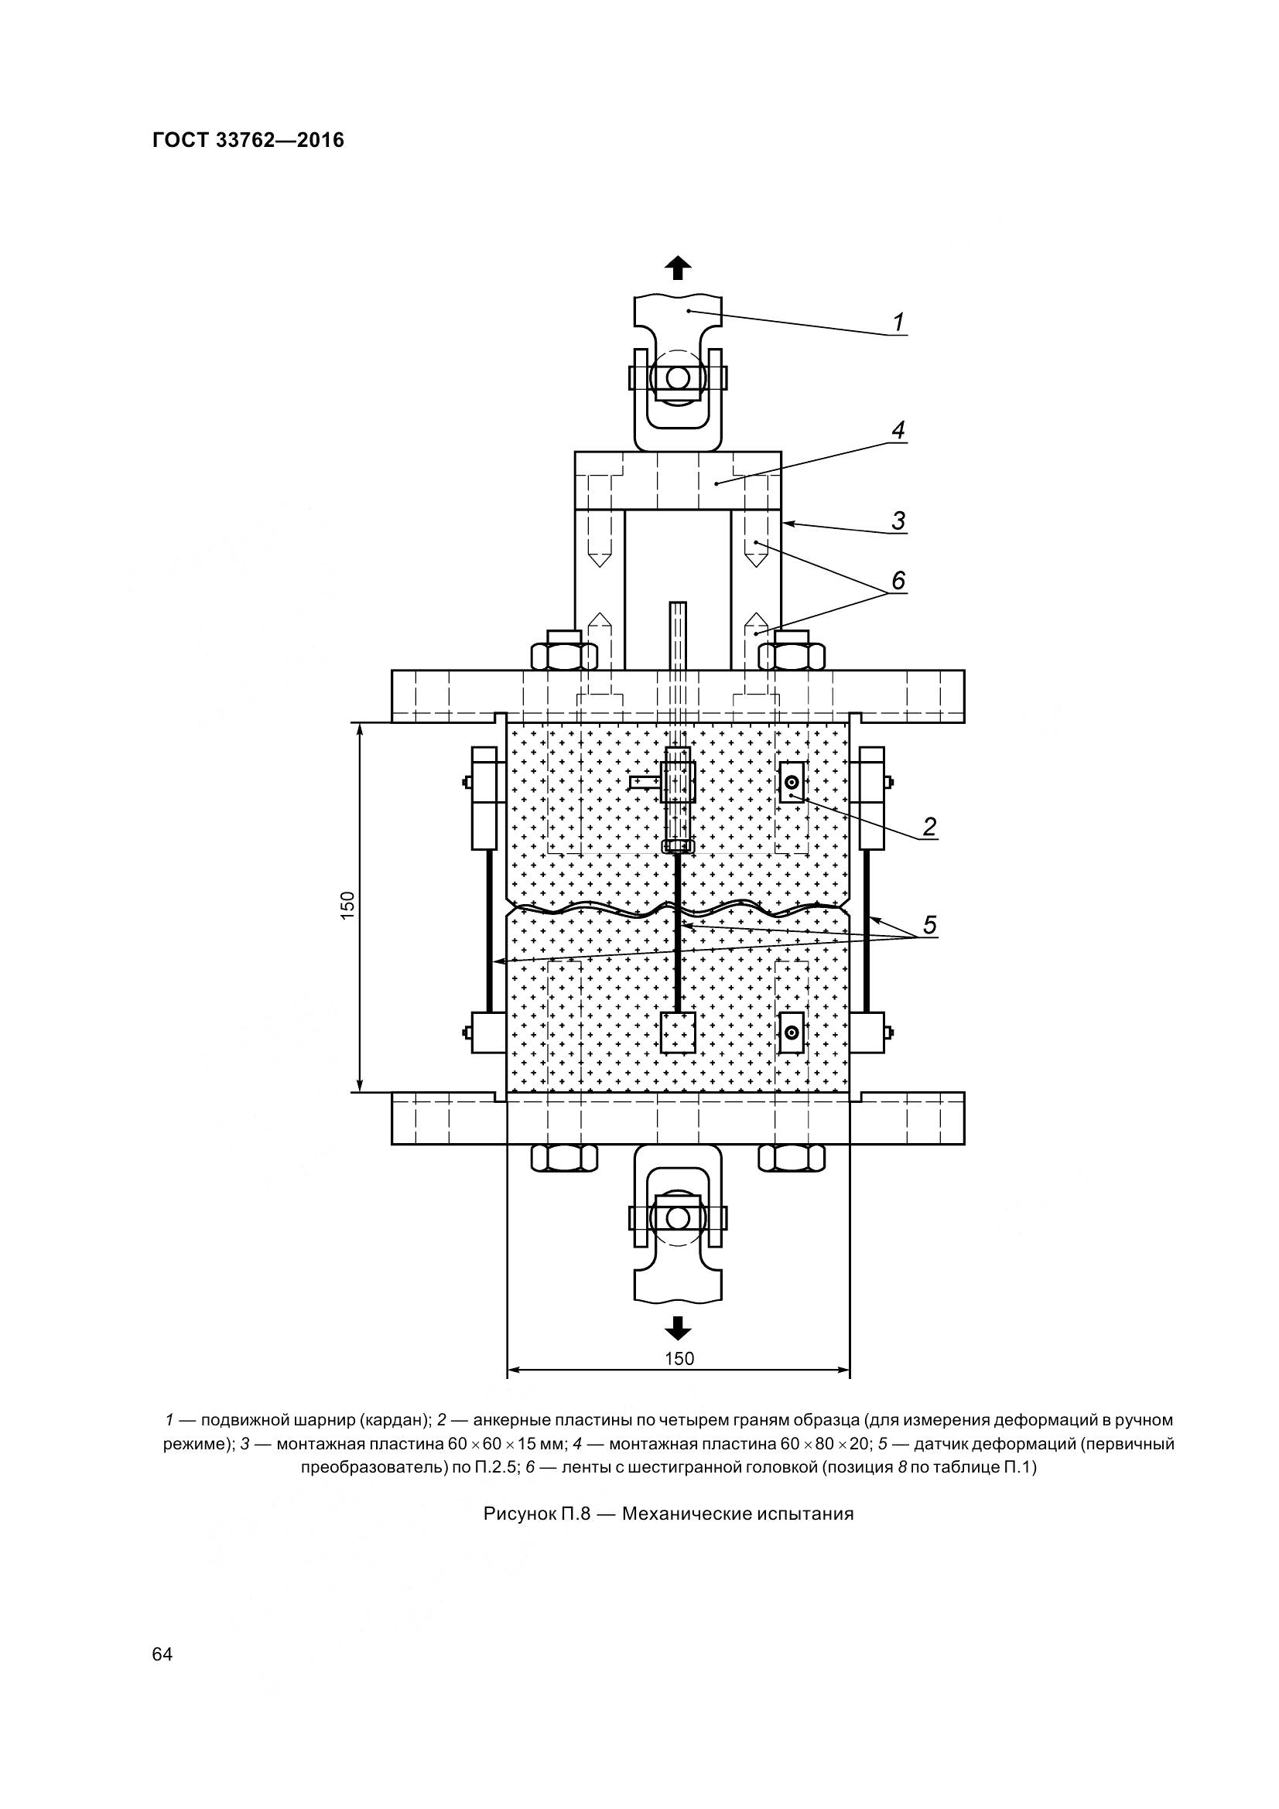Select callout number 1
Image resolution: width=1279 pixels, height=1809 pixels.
pos(898,323)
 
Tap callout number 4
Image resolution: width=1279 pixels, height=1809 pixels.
pos(898,430)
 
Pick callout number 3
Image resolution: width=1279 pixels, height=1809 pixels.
pos(898,521)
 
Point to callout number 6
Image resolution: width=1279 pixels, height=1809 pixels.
pos(898,580)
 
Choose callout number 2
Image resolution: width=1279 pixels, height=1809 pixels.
pos(929,827)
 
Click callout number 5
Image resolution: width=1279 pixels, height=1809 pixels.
pos(929,925)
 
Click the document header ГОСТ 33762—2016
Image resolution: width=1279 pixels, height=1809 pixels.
pos(248,140)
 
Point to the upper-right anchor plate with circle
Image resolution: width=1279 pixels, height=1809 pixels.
pos(792,783)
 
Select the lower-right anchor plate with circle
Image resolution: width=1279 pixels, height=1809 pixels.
pos(792,1033)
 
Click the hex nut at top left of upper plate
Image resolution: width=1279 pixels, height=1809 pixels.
pos(563,655)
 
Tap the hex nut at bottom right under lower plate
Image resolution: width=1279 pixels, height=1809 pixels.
pos(792,1158)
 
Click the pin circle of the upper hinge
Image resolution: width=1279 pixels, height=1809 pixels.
pos(677,378)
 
